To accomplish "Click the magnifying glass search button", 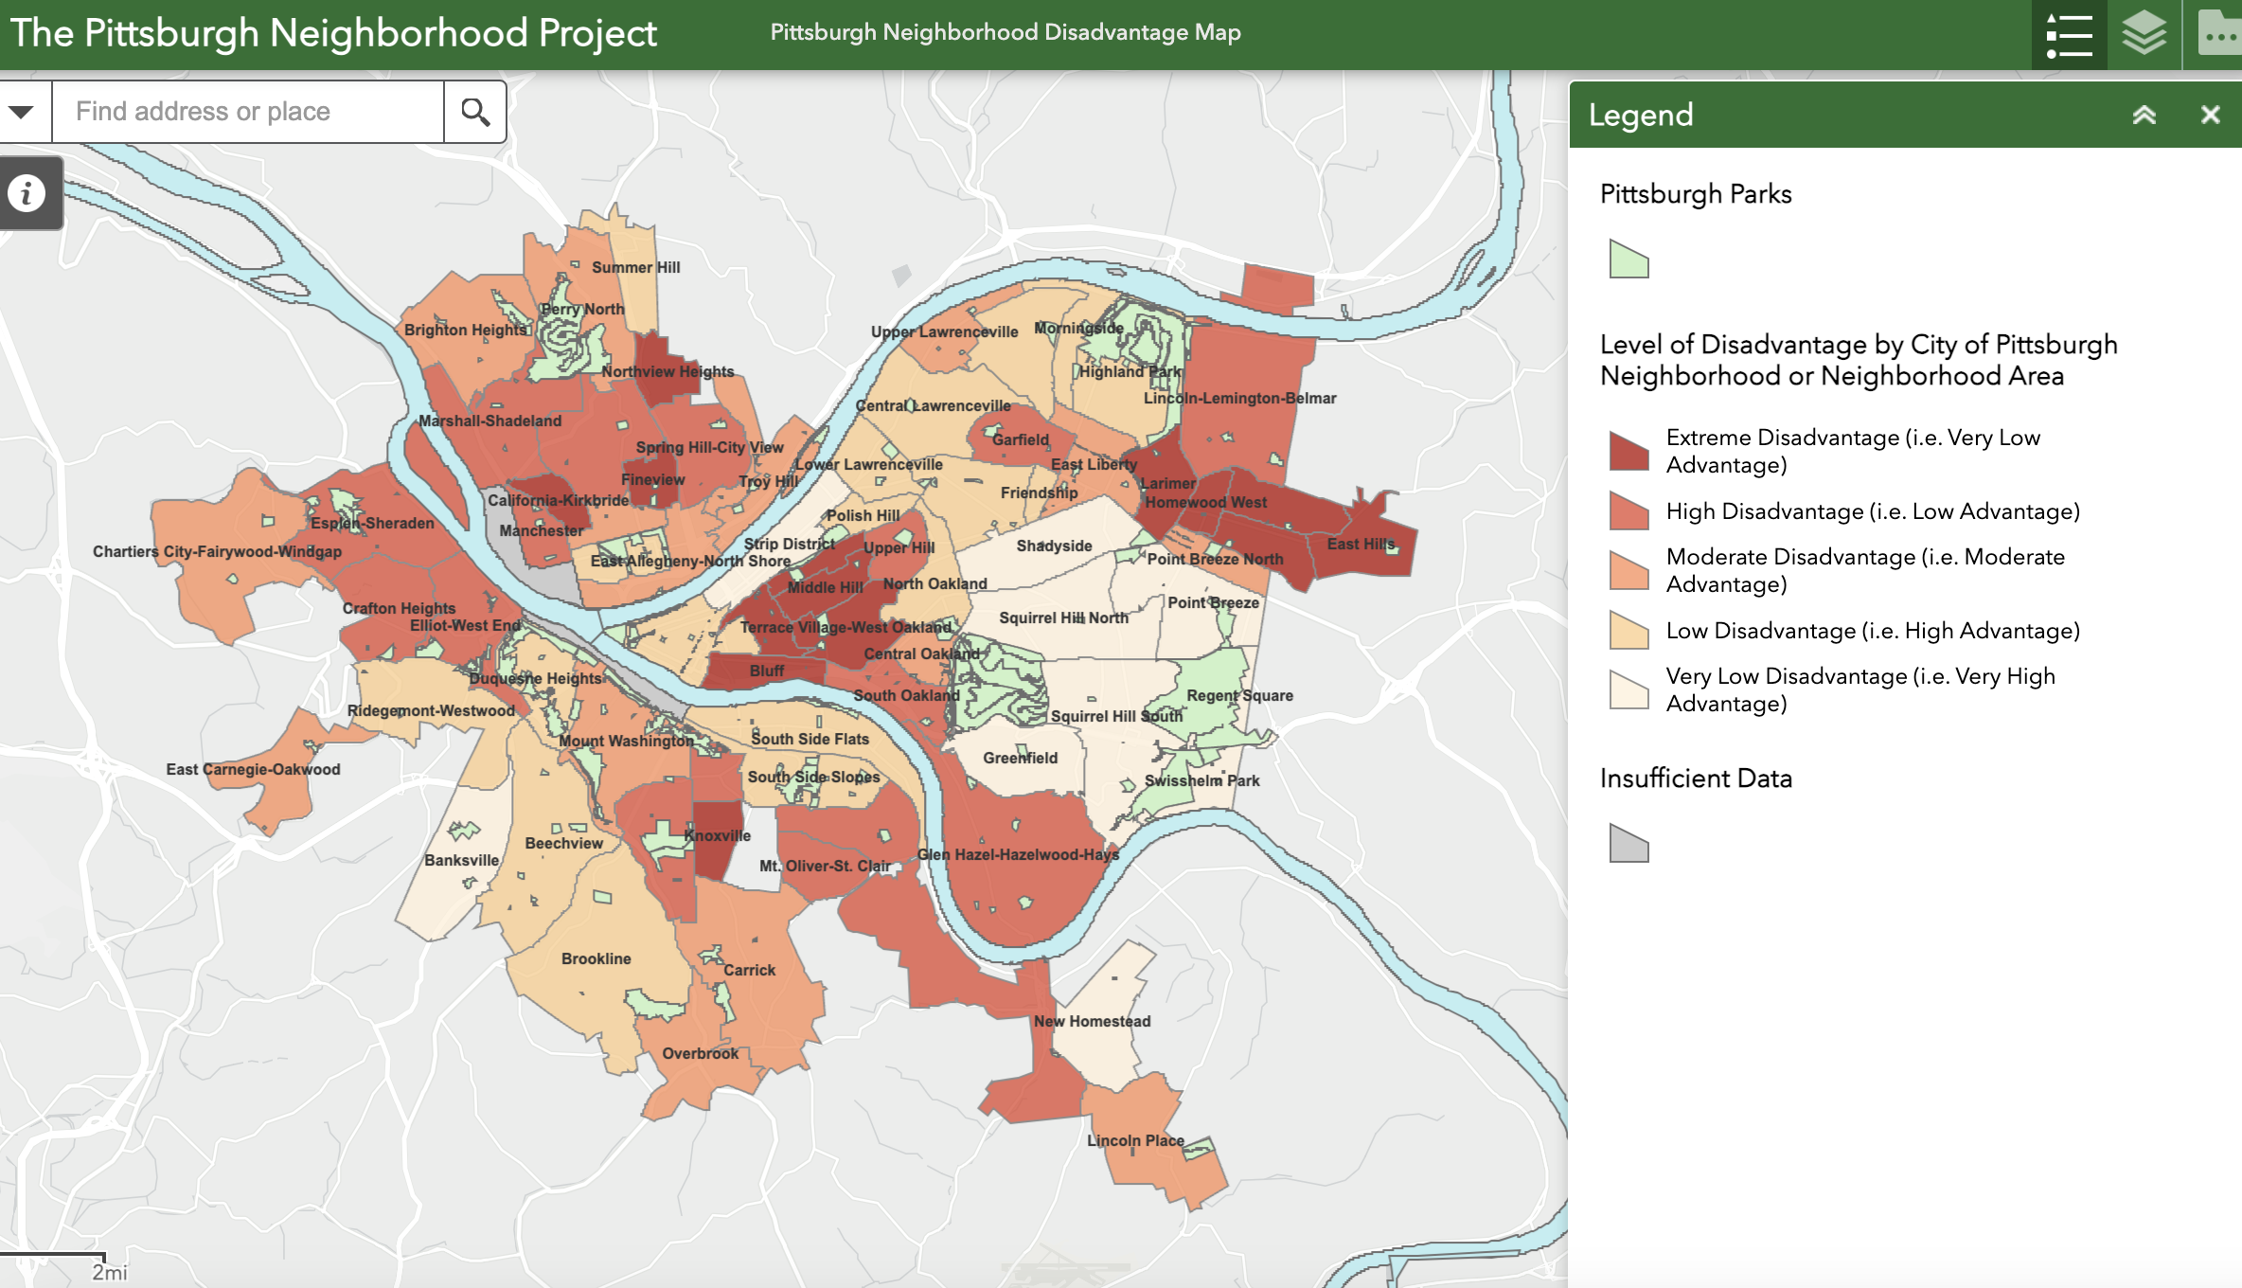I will click(x=475, y=112).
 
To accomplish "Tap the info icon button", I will click(x=27, y=193).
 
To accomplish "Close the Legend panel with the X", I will click(x=2210, y=115).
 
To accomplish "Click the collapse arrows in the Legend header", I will click(x=2144, y=115).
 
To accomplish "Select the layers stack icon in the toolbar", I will click(x=2144, y=34).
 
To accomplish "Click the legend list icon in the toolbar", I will click(x=2070, y=34).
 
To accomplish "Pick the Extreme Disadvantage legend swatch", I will click(x=1628, y=451).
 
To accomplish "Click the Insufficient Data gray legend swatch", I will click(x=1628, y=843).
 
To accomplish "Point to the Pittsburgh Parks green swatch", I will click(x=1628, y=259).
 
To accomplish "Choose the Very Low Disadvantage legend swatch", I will click(x=1628, y=689).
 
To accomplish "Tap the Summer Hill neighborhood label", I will click(x=636, y=268).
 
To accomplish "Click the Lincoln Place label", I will click(x=1135, y=1140).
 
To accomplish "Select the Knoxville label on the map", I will click(x=718, y=835).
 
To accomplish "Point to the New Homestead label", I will click(x=1092, y=1021).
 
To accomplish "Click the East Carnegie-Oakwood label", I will click(x=253, y=769).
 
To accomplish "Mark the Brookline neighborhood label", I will click(x=596, y=958).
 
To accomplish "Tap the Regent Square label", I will click(x=1239, y=695).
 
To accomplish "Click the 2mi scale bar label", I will click(x=109, y=1272).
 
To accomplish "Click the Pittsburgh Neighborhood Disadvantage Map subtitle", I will click(x=1005, y=32).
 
